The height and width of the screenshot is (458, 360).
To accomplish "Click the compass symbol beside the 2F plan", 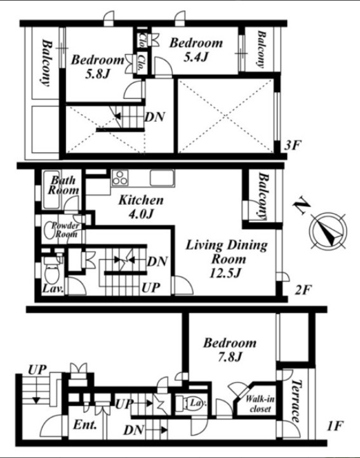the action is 328,231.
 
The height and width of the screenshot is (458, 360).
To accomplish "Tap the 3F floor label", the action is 293,145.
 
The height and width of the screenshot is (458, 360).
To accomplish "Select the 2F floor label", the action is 303,290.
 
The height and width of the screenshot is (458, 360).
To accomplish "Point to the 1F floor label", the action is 335,426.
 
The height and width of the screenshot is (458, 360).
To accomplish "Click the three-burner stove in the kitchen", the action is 120,177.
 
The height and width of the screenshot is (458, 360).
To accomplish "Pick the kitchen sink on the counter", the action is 162,178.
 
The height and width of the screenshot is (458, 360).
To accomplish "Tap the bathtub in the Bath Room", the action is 51,190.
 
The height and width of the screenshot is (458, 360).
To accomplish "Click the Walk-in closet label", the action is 260,403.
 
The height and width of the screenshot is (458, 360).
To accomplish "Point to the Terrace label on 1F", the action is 297,401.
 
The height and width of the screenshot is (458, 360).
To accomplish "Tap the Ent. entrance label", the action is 85,424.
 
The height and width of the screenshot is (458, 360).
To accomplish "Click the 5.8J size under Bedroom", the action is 97,74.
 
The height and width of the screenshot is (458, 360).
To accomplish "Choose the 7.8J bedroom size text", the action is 230,357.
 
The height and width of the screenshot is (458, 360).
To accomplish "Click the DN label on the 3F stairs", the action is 156,117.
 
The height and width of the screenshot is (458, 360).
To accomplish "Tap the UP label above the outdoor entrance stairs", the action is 37,370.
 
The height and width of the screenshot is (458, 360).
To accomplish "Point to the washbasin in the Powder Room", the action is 48,232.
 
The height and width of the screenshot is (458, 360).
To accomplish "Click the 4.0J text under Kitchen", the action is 141,214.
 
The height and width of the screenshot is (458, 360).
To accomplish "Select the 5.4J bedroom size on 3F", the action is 196,57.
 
